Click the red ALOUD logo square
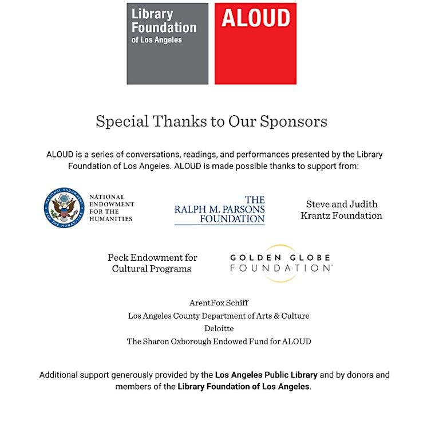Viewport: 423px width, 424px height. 255,44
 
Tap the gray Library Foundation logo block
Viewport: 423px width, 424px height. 167,44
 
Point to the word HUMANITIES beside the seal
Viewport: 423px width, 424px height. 111,219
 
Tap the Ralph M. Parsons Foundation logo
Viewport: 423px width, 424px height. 220,210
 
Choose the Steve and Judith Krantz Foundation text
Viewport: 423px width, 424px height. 342,210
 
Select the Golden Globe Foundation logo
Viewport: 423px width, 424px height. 280,263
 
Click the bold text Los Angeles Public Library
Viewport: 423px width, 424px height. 266,375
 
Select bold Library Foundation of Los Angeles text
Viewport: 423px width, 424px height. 243,387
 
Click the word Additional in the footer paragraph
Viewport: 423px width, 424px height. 60,375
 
